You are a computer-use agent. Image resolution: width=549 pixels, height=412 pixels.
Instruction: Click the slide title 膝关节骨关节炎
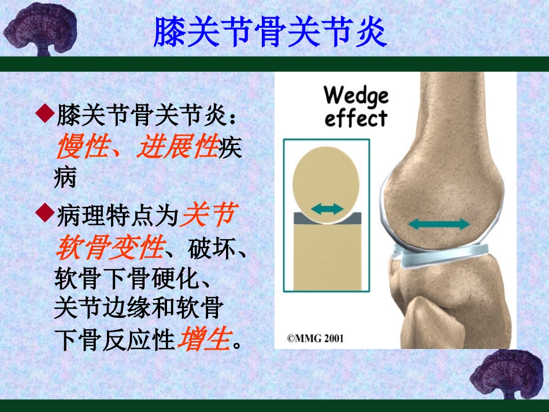270,31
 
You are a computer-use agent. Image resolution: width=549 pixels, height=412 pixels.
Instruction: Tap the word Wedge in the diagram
356,95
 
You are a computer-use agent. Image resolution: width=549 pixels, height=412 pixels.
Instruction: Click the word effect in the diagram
355,118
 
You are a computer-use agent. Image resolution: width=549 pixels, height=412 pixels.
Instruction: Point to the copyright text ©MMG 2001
316,338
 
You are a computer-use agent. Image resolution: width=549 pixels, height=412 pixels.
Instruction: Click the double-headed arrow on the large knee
439,224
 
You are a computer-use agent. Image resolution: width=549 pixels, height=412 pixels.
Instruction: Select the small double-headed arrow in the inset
327,209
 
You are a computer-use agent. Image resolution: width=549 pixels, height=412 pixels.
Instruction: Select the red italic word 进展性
177,148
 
